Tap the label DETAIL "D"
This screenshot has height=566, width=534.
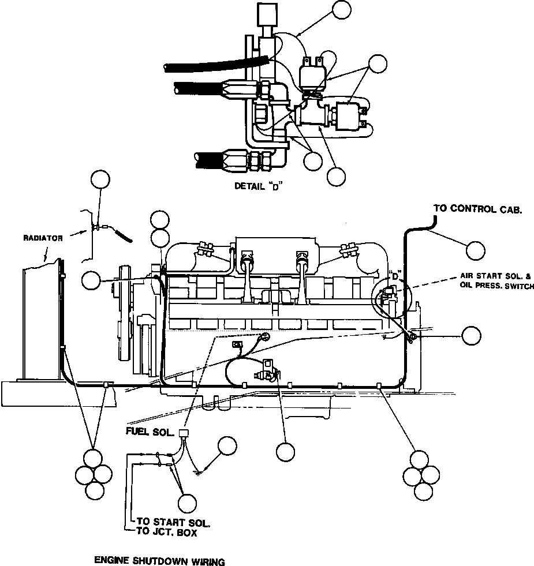click(x=257, y=186)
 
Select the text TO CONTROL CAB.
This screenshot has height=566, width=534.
click(x=477, y=209)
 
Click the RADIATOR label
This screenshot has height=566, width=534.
click(x=42, y=238)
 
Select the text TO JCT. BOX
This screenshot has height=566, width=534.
click(x=167, y=533)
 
